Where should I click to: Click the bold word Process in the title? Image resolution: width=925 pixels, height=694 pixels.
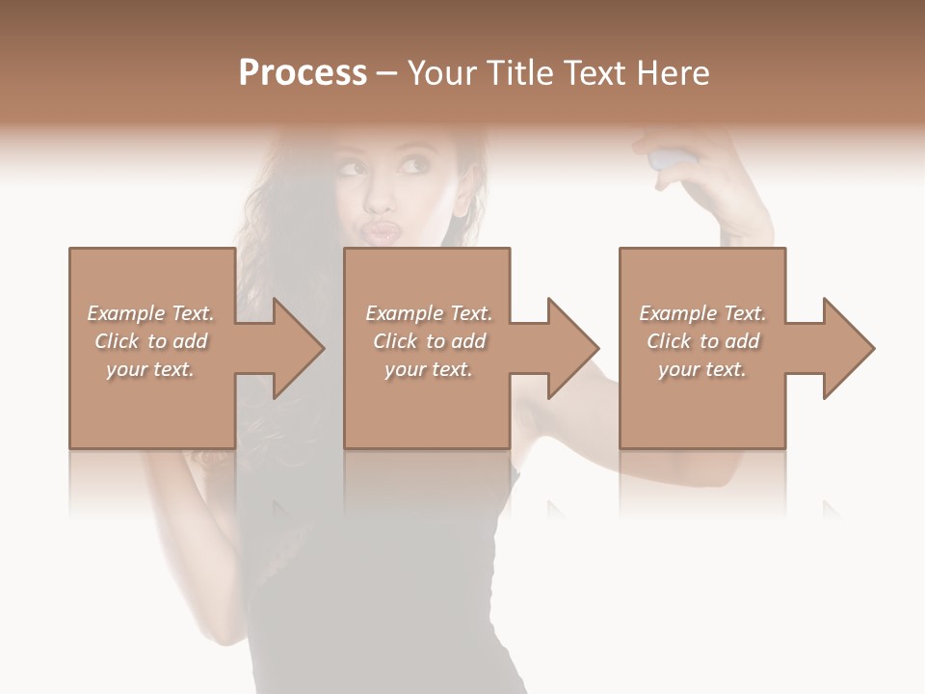[303, 73]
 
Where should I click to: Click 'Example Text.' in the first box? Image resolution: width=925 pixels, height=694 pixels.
[151, 313]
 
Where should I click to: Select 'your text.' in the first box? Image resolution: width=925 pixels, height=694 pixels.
[151, 369]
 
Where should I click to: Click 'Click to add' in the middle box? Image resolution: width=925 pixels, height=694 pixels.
[429, 341]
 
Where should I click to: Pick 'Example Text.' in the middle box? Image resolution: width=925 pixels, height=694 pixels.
[429, 313]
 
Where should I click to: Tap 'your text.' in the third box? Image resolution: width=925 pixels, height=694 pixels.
[702, 369]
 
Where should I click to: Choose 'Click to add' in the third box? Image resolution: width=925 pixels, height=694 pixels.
[702, 341]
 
